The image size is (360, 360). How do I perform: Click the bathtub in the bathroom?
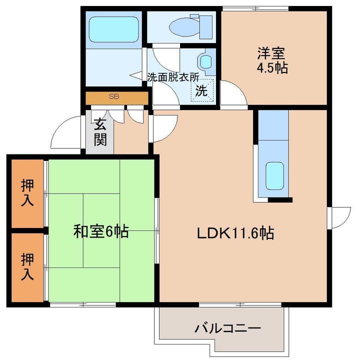[114, 29]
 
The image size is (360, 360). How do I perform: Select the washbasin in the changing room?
[206, 61]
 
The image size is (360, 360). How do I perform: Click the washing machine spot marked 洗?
[202, 90]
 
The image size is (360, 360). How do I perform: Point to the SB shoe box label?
[114, 96]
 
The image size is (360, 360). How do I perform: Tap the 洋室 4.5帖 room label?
[272, 60]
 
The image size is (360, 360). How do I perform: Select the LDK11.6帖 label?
[235, 233]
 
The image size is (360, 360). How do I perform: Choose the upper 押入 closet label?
[27, 192]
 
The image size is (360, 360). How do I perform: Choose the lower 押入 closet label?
[27, 266]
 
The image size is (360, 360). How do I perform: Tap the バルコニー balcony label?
[228, 328]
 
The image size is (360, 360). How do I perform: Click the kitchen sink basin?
[274, 175]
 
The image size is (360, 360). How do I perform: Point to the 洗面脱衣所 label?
[173, 77]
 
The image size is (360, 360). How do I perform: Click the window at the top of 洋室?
[255, 8]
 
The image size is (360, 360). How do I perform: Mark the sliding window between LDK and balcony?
[240, 304]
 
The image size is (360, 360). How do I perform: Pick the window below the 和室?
[82, 304]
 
